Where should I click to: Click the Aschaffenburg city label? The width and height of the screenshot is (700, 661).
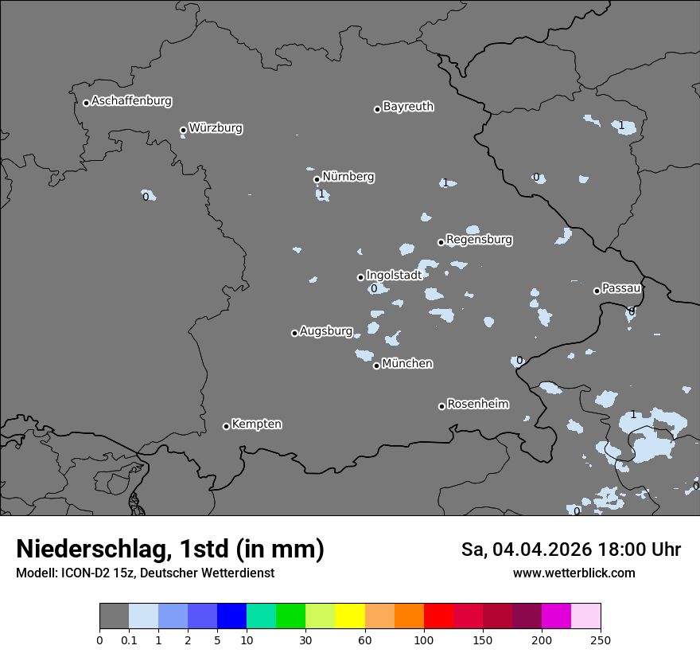pos(131,101)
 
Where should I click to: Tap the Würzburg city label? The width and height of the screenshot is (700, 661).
pos(216,128)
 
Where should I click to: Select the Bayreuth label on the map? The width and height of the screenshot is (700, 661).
pos(408,107)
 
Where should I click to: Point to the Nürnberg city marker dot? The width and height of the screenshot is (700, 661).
pos(317,179)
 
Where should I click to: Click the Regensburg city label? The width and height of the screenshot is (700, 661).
pos(479,240)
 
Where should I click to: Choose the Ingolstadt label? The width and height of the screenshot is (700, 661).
pos(394,275)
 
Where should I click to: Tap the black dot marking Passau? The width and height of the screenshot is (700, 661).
pos(597,291)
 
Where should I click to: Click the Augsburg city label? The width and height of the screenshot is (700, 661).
pos(326,331)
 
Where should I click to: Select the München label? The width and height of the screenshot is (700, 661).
pos(407,364)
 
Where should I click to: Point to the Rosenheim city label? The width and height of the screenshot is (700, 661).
pos(477,405)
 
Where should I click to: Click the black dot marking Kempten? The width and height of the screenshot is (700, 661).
pos(226,426)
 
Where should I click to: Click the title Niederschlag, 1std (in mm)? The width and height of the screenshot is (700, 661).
pos(170,549)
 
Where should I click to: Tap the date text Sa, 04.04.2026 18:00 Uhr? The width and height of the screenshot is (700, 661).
pos(571,550)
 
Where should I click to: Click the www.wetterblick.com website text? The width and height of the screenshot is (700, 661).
pos(574,573)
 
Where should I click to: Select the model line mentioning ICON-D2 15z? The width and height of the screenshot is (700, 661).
pos(145,573)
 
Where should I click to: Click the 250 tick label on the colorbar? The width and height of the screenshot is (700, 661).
pos(601,639)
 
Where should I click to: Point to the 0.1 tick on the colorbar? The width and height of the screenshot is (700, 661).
pos(129,639)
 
